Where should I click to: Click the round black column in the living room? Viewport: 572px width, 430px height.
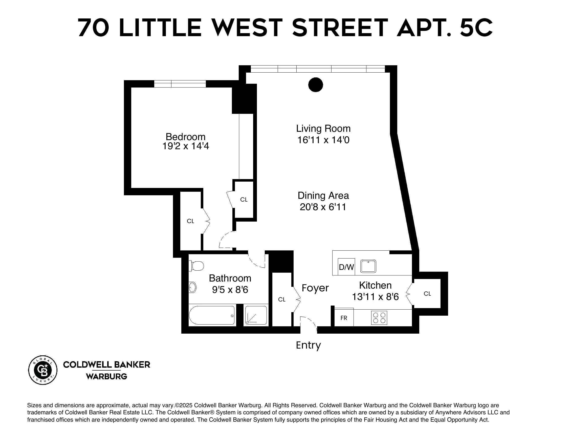point(316,84)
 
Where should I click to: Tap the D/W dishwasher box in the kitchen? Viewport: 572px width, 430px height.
point(346,267)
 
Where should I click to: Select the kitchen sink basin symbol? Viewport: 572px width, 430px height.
point(368,266)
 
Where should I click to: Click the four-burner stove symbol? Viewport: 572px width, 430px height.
point(379,317)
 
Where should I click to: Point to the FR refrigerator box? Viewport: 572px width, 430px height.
point(344,318)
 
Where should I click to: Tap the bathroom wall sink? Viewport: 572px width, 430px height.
point(192,287)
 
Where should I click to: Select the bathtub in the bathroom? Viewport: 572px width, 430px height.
point(211,315)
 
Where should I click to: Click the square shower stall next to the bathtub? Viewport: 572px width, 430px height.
point(256,315)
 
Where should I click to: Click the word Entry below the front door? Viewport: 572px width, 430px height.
point(308,345)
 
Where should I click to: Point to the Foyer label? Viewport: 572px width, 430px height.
point(315,288)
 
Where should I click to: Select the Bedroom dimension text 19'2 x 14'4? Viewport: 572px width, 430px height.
point(185,146)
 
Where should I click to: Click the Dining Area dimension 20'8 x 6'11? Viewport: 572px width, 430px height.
point(323,207)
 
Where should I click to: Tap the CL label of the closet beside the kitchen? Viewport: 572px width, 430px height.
point(427,294)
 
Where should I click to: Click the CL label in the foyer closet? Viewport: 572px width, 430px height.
point(282,299)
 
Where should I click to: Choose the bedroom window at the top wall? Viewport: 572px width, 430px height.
point(180,84)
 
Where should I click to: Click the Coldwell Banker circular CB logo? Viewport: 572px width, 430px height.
point(43,370)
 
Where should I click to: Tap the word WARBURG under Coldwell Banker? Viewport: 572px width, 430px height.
point(106,376)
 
